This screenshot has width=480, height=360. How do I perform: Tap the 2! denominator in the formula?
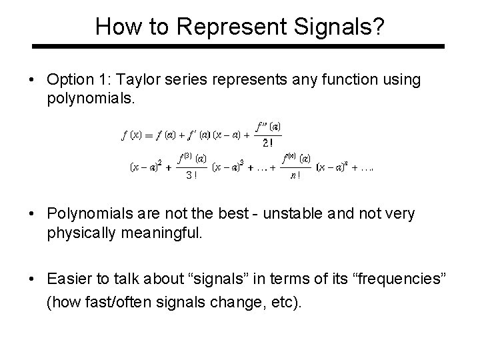(267, 142)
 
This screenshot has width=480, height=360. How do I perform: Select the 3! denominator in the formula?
(191, 175)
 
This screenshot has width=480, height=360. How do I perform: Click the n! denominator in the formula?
(295, 175)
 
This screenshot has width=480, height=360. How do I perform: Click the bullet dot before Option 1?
(33, 81)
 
